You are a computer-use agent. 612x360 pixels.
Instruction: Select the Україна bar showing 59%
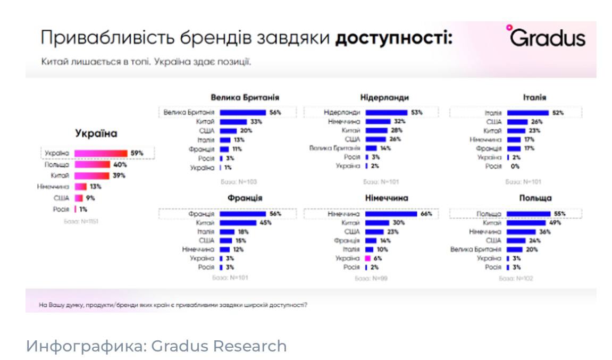click(x=101, y=153)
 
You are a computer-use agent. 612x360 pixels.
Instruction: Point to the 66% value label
click(x=426, y=214)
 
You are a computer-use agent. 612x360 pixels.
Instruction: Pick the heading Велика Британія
click(x=245, y=97)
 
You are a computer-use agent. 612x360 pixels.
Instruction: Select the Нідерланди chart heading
click(x=384, y=97)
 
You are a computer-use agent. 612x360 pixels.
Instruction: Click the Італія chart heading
click(x=534, y=97)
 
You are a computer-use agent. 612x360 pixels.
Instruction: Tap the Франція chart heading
click(x=245, y=198)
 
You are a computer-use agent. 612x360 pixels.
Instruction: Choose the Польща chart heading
click(x=536, y=198)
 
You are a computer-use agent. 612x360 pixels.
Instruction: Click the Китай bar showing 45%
click(x=238, y=223)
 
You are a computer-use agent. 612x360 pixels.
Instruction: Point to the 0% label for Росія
click(x=515, y=166)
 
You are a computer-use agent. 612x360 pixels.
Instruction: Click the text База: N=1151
click(x=81, y=221)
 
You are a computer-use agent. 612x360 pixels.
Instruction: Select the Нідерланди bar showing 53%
click(x=386, y=113)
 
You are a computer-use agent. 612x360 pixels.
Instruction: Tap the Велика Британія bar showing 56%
click(x=242, y=113)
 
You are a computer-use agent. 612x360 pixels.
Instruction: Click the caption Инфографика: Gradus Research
click(x=156, y=346)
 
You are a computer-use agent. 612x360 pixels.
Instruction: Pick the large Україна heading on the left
click(x=96, y=133)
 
